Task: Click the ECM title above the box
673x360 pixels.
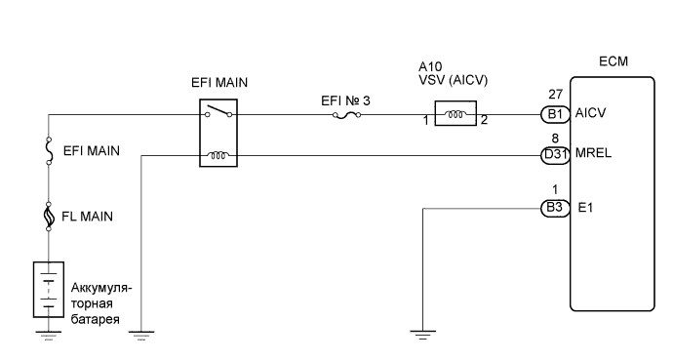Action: pos(614,61)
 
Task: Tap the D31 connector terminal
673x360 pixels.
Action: pos(554,154)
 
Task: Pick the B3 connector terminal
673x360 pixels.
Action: pos(554,207)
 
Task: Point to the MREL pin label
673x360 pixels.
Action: pos(595,154)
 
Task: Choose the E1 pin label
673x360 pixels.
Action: pos(585,207)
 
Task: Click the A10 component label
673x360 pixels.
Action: pos(429,68)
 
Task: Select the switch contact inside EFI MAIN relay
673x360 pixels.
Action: pos(218,114)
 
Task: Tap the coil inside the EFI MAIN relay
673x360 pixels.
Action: pos(218,154)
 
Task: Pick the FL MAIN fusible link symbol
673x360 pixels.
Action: pos(48,217)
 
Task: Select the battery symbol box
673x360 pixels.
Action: pos(48,289)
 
